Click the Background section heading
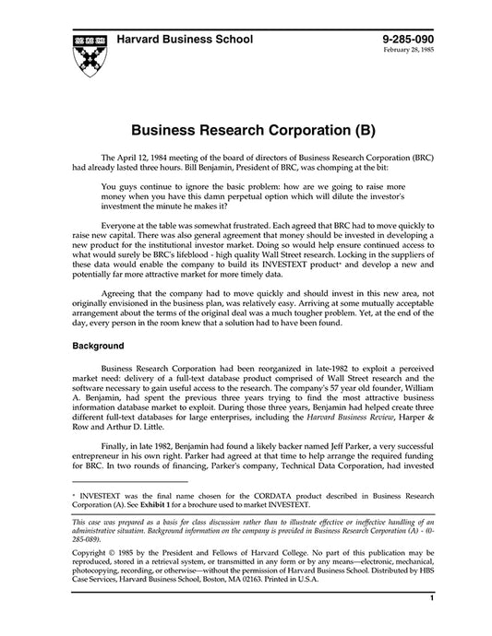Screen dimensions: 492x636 99,347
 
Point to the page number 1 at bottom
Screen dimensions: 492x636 431,624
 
